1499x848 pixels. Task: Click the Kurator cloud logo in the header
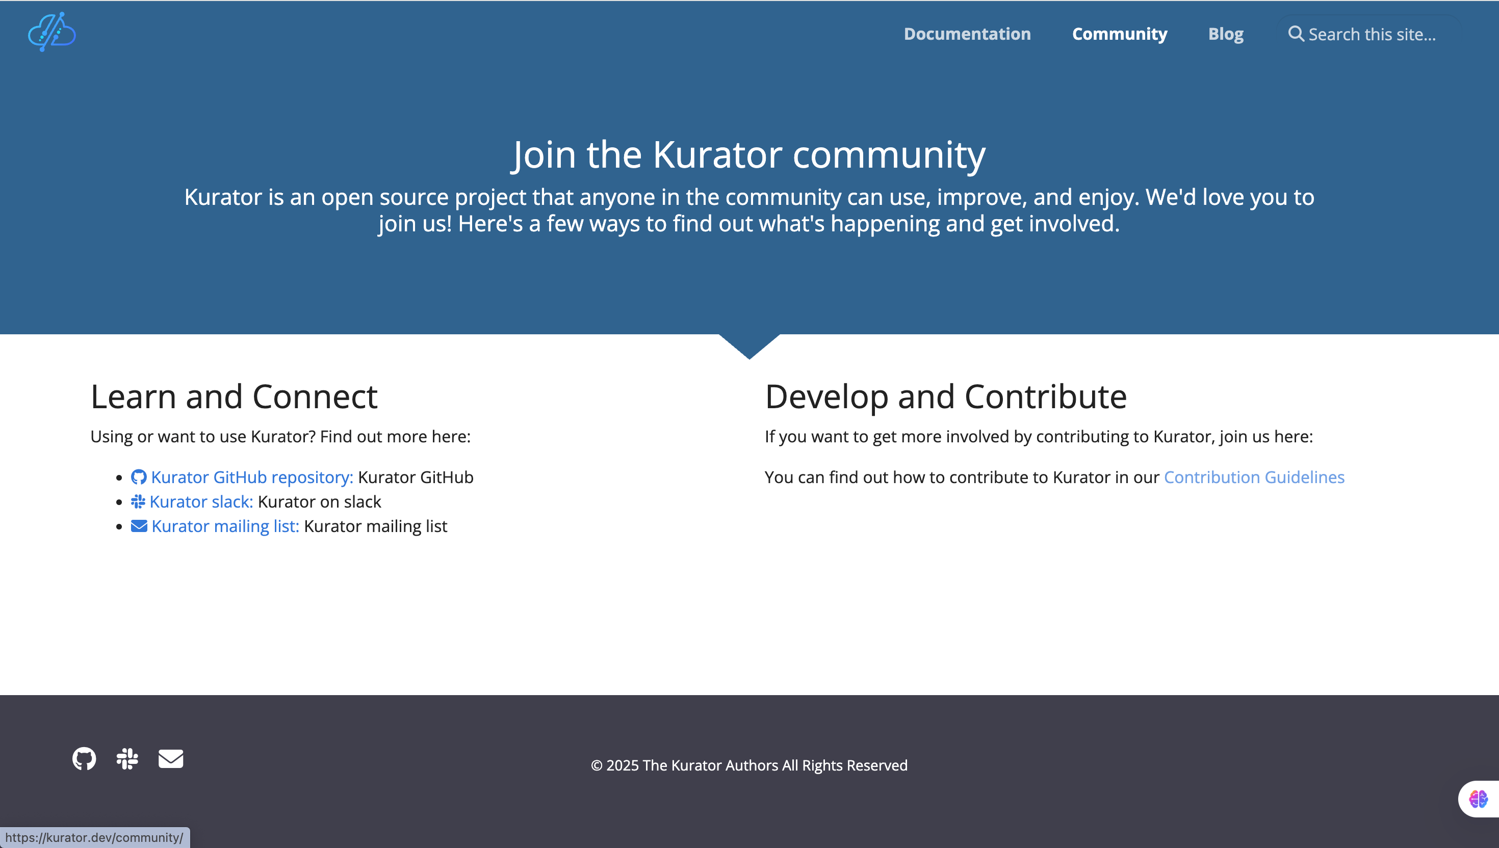[52, 32]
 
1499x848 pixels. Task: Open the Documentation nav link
[967, 34]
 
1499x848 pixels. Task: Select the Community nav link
[1120, 34]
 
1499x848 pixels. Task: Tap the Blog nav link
[1226, 34]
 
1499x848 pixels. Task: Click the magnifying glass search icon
[1296, 34]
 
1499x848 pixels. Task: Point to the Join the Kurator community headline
[749, 155]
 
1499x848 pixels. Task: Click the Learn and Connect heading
[234, 396]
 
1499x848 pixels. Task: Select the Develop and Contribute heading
[945, 396]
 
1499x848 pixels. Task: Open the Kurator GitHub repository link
[252, 477]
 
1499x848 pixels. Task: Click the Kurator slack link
[201, 501]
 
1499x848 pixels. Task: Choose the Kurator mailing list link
[225, 526]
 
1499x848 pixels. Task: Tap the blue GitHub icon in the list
[139, 477]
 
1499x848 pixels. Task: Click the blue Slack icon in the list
[138, 501]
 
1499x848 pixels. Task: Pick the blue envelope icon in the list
[139, 526]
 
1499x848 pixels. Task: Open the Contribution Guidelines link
[1254, 477]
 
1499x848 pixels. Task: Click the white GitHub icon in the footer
[84, 758]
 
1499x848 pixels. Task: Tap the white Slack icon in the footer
[127, 758]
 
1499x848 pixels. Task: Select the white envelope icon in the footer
[171, 758]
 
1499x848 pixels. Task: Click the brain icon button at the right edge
[1478, 799]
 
